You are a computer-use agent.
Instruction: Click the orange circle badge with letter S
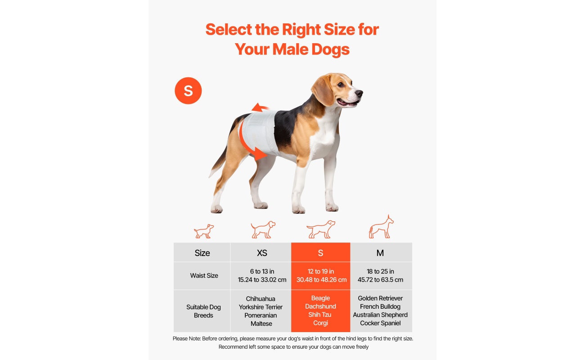188,90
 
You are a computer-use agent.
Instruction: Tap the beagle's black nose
359,93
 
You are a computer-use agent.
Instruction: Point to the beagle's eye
340,85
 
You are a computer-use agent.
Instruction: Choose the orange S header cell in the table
320,252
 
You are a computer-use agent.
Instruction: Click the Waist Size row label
204,275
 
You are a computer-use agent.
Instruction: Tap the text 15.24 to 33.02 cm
262,279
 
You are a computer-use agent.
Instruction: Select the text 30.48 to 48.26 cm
321,279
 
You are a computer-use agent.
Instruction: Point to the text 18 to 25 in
380,271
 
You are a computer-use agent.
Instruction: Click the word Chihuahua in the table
261,299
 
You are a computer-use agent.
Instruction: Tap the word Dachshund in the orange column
320,306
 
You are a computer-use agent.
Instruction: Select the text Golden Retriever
380,298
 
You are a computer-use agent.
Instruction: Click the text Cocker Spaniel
380,323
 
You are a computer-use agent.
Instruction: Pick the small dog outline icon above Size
204,231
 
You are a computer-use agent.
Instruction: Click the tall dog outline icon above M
381,227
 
